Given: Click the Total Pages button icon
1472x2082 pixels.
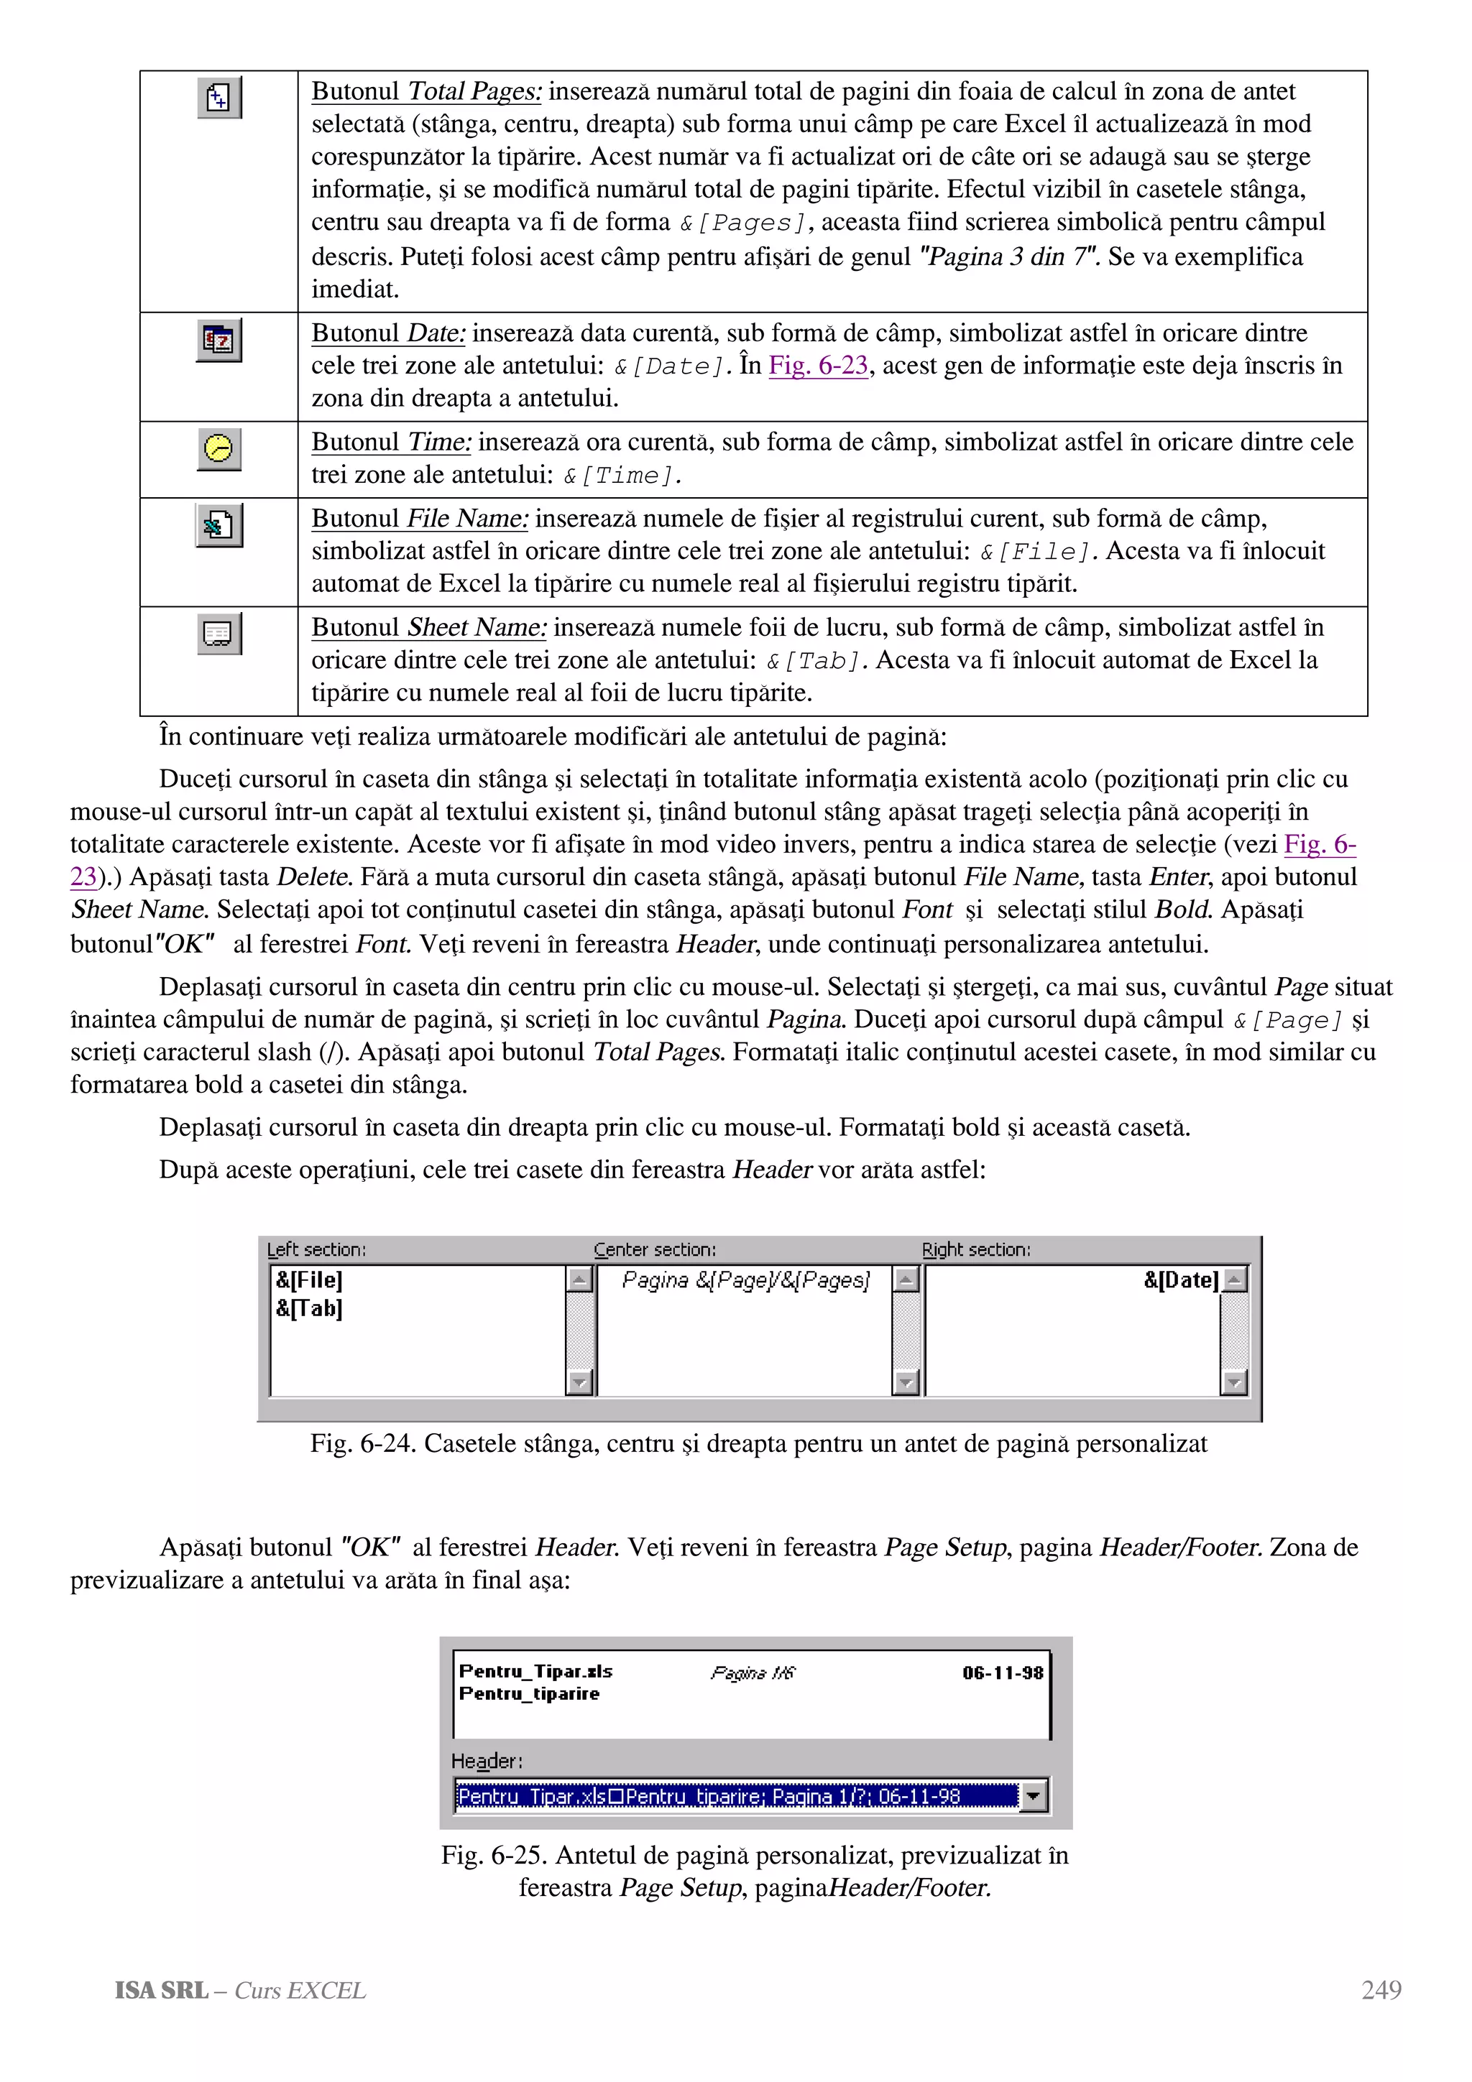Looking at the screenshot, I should click(x=218, y=97).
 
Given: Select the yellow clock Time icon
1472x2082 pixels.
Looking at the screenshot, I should click(x=218, y=448).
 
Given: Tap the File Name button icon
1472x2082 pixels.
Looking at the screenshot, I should click(x=218, y=525).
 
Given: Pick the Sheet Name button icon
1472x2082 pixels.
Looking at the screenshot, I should click(x=218, y=633).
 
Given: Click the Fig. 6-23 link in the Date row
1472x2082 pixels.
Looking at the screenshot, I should click(x=818, y=366).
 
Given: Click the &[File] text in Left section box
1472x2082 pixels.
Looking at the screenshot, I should click(x=309, y=1280).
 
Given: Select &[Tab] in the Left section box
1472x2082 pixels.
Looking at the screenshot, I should click(x=309, y=1308).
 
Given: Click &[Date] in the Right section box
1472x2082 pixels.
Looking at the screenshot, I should click(x=1180, y=1280).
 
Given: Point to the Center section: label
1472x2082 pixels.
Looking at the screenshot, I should click(x=654, y=1249).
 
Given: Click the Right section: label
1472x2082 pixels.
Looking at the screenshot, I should click(x=976, y=1249).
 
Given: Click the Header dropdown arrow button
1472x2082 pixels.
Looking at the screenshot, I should click(x=1033, y=1795).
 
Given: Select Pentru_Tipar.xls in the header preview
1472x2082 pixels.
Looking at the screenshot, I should click(x=535, y=1671).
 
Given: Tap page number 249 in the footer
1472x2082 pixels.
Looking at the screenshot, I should click(x=1381, y=1991).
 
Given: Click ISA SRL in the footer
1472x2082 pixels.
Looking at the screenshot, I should click(x=160, y=1991).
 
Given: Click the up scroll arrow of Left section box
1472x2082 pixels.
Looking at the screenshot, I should click(x=579, y=1280).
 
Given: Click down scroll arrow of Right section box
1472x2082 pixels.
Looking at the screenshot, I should click(x=1233, y=1383).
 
